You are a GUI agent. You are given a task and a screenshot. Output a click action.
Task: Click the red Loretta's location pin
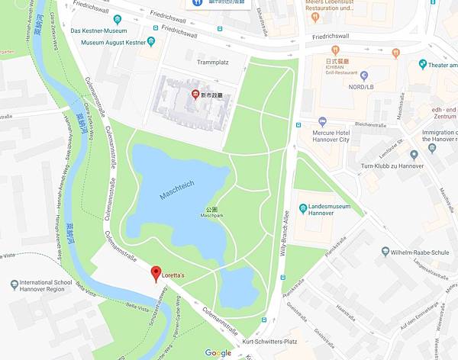coord(155,272)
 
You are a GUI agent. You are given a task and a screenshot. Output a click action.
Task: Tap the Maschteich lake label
coord(178,185)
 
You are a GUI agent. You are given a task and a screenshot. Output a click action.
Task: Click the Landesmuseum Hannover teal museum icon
coord(303,207)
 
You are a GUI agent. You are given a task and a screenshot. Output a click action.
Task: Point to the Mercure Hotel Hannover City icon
coord(322,121)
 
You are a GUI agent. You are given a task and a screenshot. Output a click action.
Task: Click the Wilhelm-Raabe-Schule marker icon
coord(385,251)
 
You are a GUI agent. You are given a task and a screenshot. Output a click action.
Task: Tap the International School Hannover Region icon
coord(15,284)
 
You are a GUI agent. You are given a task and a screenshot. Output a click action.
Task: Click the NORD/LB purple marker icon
coord(363,76)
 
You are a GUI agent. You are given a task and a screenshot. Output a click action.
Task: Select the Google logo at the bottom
coord(218,352)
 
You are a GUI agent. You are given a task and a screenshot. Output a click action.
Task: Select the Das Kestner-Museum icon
coord(117,20)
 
